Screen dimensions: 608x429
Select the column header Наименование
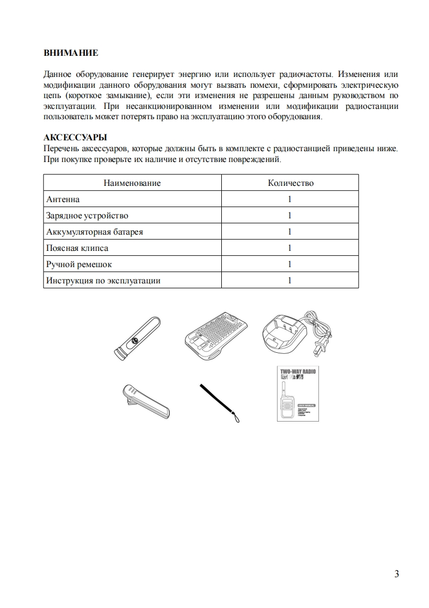tap(132, 183)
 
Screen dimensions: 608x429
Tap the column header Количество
tap(290, 183)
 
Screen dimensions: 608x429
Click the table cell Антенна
tap(63, 199)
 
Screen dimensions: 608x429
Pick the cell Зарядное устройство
tap(87, 216)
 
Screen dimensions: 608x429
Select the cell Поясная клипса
tap(77, 248)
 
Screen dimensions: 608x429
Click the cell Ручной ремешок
tap(79, 264)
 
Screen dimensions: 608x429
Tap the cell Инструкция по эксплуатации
tap(104, 281)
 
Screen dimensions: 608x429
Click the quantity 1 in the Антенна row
tap(290, 199)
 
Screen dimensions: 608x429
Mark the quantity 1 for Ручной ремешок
tap(290, 264)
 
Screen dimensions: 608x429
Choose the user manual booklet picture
tap(297, 393)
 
